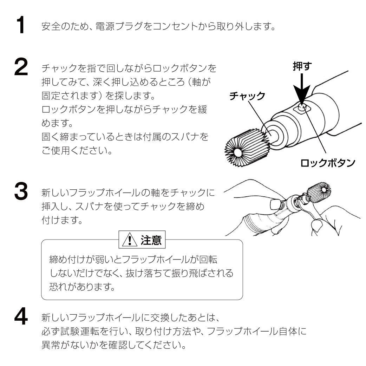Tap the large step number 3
[x=21, y=192]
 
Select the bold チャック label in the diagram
[x=247, y=96]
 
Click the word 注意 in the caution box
[x=151, y=241]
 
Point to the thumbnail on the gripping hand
[x=275, y=204]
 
